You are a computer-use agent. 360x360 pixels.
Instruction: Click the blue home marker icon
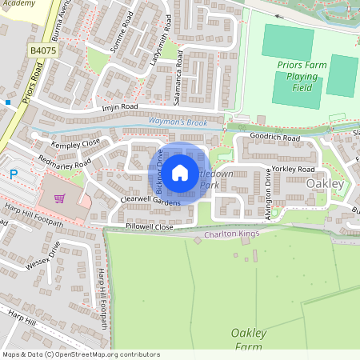click(x=180, y=172)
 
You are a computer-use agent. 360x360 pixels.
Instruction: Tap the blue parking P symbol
click(x=13, y=173)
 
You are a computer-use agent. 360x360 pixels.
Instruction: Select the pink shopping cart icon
click(x=58, y=198)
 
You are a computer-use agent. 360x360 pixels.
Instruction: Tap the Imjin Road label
click(x=121, y=106)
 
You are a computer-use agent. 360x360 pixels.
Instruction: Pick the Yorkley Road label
click(x=294, y=170)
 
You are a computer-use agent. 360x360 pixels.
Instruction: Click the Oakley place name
click(x=324, y=183)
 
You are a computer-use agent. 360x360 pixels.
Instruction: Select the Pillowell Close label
click(x=150, y=227)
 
